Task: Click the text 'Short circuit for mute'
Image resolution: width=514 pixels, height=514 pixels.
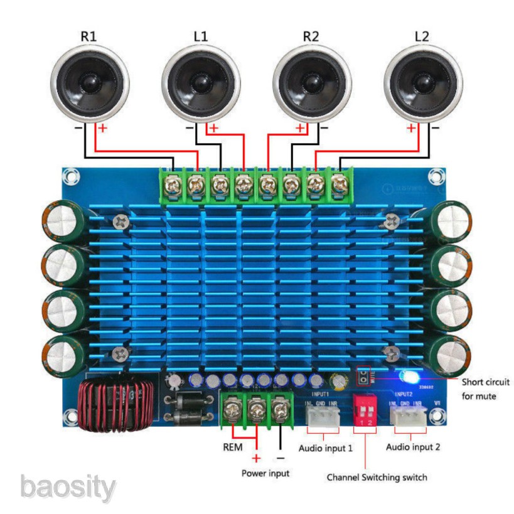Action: (485, 388)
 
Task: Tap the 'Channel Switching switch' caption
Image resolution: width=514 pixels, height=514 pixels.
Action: (377, 477)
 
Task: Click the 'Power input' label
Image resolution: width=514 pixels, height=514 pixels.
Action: (265, 473)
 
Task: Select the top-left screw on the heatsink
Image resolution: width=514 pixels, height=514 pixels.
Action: (120, 221)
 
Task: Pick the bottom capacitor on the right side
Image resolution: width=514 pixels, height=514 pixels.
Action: (453, 353)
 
